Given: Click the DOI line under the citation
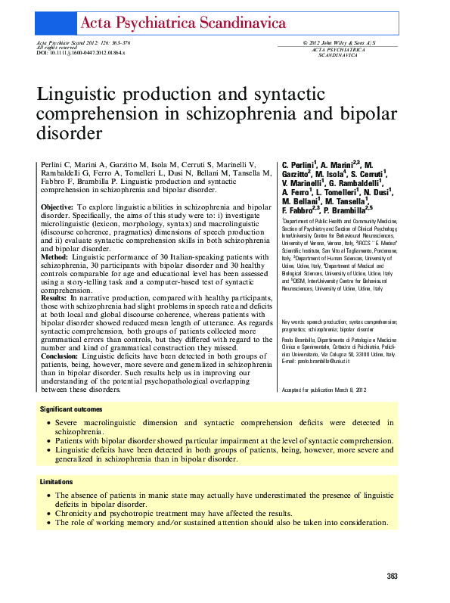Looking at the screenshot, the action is click(81, 54).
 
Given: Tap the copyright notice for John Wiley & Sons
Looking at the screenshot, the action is click(340, 43).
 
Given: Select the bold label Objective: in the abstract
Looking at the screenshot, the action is click(57, 207).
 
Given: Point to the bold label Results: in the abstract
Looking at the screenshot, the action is click(54, 299).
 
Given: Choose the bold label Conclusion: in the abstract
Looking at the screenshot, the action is click(60, 355).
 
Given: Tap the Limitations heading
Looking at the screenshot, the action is click(57, 482).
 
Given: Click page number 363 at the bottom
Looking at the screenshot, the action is click(392, 577).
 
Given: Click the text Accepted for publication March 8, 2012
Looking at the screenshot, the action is click(324, 389).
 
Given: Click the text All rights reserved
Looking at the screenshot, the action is click(56, 48).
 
